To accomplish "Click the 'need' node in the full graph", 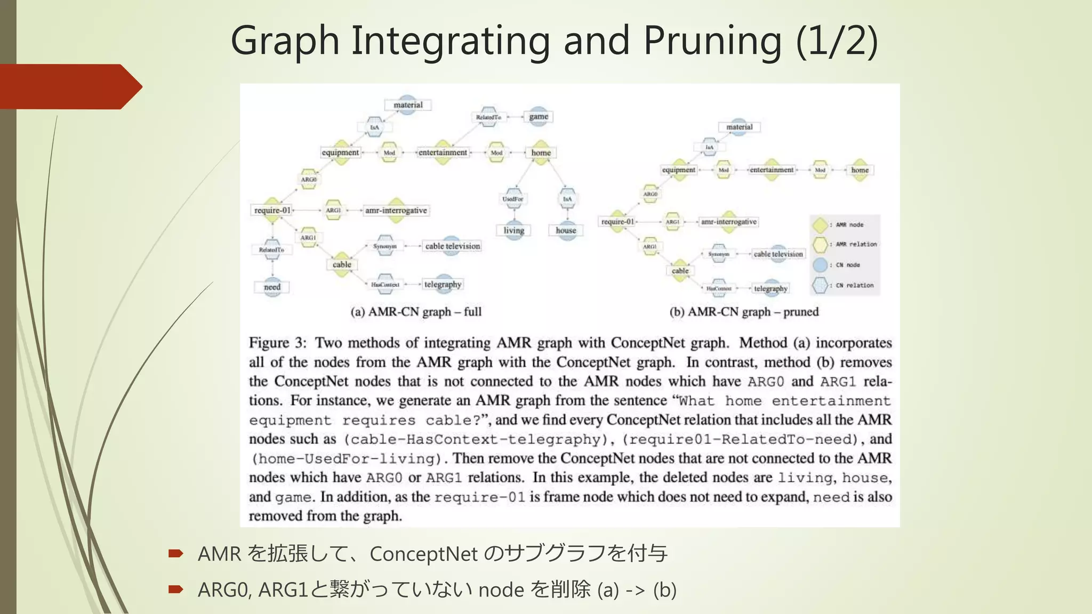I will click(x=272, y=287).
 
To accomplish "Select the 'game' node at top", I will click(x=539, y=116).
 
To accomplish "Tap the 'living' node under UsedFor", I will click(x=513, y=230).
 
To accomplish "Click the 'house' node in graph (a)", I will click(x=566, y=230).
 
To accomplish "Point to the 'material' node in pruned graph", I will click(x=739, y=127).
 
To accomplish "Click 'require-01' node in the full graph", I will click(x=272, y=210).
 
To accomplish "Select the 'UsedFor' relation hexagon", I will click(x=513, y=199).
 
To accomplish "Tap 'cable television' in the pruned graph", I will click(x=778, y=254).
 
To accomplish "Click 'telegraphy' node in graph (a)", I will click(x=443, y=284).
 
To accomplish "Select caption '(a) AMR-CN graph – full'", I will click(x=416, y=312).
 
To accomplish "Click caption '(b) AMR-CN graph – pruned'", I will click(x=744, y=312).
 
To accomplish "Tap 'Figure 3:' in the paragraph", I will click(x=277, y=343).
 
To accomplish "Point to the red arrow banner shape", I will click(x=69, y=86).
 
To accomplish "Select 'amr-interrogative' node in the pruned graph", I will click(x=728, y=222).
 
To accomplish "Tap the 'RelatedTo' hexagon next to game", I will click(x=488, y=117).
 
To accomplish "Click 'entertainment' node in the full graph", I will click(x=443, y=152).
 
